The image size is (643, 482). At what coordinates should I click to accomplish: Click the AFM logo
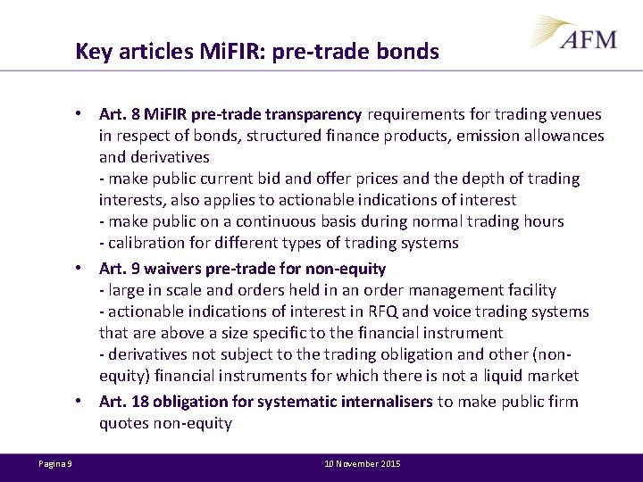[577, 35]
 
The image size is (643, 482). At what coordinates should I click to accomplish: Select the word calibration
[146, 243]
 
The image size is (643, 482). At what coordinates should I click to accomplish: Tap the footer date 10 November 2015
[363, 464]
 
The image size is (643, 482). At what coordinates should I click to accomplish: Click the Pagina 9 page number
[55, 464]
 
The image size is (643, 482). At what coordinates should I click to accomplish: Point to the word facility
[528, 290]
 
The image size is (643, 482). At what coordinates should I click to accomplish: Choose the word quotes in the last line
[123, 424]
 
